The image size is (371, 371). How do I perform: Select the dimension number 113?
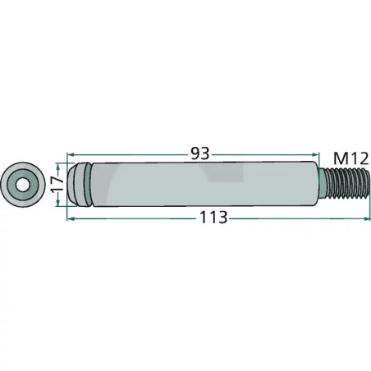click(211, 218)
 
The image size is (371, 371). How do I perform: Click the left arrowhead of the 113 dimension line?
click(71, 219)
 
